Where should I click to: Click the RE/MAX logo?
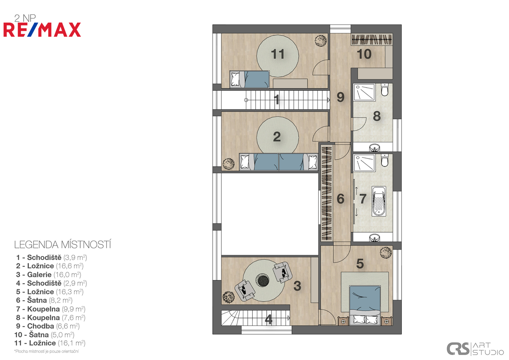(x=42, y=30)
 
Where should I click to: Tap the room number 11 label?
(x=277, y=54)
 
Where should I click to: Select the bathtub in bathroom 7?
(x=379, y=201)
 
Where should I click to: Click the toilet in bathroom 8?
(x=384, y=90)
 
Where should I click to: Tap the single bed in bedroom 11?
(x=249, y=79)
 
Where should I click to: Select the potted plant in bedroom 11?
(x=321, y=41)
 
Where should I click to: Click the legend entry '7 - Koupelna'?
(x=50, y=309)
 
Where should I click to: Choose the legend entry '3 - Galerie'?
(x=48, y=275)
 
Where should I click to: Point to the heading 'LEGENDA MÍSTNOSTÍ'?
(x=62, y=245)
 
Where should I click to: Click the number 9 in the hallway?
(x=340, y=97)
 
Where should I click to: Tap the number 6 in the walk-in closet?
(x=340, y=199)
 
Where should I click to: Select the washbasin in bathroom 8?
(x=374, y=148)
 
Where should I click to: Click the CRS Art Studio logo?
(x=475, y=349)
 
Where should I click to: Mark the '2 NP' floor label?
(x=25, y=18)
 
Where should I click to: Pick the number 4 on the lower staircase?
(x=269, y=320)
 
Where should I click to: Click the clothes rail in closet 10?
(x=372, y=40)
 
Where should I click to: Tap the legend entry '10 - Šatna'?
(x=44, y=335)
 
